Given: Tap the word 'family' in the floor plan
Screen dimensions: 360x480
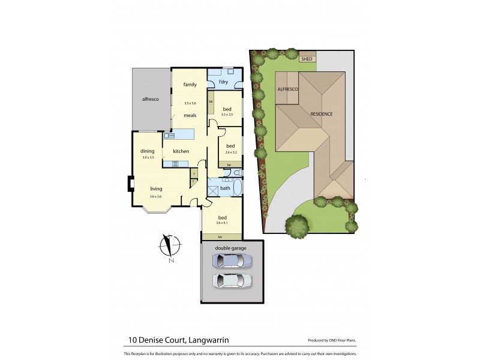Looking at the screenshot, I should [190, 85].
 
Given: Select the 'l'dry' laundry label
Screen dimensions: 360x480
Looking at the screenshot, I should [223, 82].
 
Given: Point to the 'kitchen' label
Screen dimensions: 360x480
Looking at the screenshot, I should [181, 151].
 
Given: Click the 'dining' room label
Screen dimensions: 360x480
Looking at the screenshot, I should [148, 151].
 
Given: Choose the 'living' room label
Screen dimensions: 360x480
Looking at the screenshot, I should [156, 189].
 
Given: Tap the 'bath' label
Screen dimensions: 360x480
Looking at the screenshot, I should [225, 188].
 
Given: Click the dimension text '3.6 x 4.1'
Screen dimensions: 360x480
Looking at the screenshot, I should [223, 224].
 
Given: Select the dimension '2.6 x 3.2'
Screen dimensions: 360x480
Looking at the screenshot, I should [230, 152].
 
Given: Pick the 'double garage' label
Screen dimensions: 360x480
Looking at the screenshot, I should [232, 247].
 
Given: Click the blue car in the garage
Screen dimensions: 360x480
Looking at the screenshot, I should [232, 261].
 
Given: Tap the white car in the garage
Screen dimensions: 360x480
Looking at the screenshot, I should [232, 280].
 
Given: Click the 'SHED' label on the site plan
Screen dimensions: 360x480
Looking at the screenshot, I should [307, 59].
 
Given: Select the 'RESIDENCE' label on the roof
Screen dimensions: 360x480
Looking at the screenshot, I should [321, 114].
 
